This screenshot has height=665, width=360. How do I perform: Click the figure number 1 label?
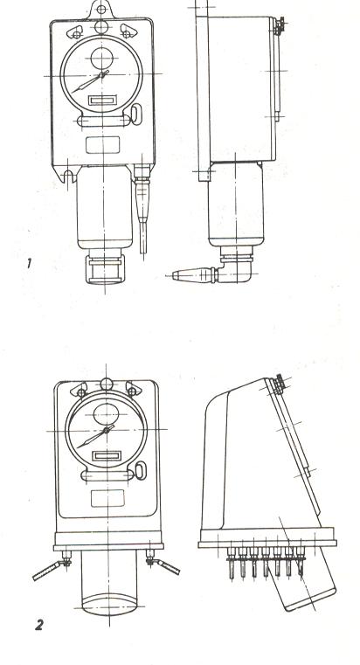click(29, 264)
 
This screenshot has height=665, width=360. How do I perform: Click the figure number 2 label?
click(39, 625)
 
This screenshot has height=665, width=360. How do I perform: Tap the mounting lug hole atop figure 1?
click(100, 9)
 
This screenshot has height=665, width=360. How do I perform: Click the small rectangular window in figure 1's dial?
click(102, 100)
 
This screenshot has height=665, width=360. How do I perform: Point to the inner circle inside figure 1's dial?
click(101, 58)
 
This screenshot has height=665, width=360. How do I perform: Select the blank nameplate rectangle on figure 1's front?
click(102, 144)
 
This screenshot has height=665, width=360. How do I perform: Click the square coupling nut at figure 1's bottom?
click(105, 269)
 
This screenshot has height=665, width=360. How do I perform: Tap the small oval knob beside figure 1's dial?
click(135, 114)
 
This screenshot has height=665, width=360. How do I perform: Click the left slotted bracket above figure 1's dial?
click(75, 31)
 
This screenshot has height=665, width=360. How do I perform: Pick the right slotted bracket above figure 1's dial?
click(128, 31)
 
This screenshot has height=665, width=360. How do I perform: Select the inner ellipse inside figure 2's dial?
click(106, 414)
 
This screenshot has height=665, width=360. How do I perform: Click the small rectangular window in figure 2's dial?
click(107, 456)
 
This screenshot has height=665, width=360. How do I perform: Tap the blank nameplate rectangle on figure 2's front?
click(107, 498)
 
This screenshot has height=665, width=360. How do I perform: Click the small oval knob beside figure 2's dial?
click(141, 471)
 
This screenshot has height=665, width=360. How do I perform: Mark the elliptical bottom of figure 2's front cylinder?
click(109, 605)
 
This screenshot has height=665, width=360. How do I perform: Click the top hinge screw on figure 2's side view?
click(279, 384)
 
